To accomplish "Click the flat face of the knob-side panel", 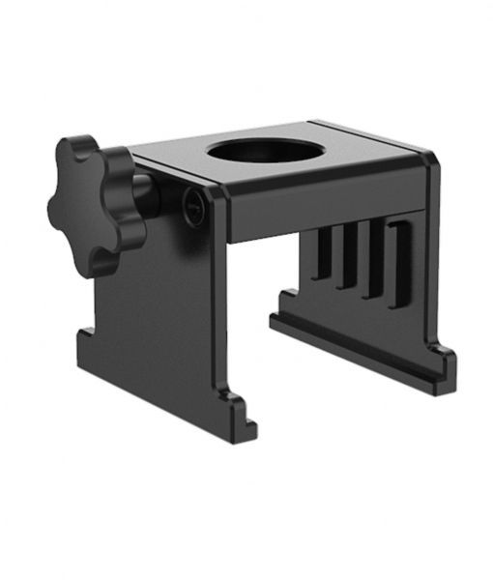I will pyautogui.click(x=164, y=319).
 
